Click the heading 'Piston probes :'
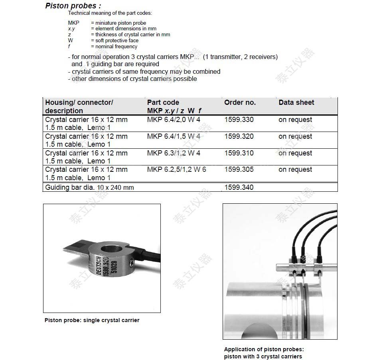(x=73, y=6)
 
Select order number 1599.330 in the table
(x=239, y=120)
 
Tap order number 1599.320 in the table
(x=239, y=136)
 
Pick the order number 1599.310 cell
(x=239, y=153)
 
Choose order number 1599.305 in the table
(x=239, y=169)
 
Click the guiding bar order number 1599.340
(x=239, y=187)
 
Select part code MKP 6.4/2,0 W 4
(x=174, y=120)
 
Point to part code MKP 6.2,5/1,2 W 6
(x=176, y=169)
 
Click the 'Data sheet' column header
(x=296, y=102)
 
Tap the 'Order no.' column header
(x=240, y=102)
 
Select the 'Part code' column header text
(x=163, y=102)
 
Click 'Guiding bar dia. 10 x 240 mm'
(x=89, y=187)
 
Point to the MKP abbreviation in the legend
(x=74, y=23)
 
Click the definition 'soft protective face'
(x=117, y=41)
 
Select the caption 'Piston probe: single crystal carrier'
(x=92, y=320)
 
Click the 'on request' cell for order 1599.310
(x=295, y=153)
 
